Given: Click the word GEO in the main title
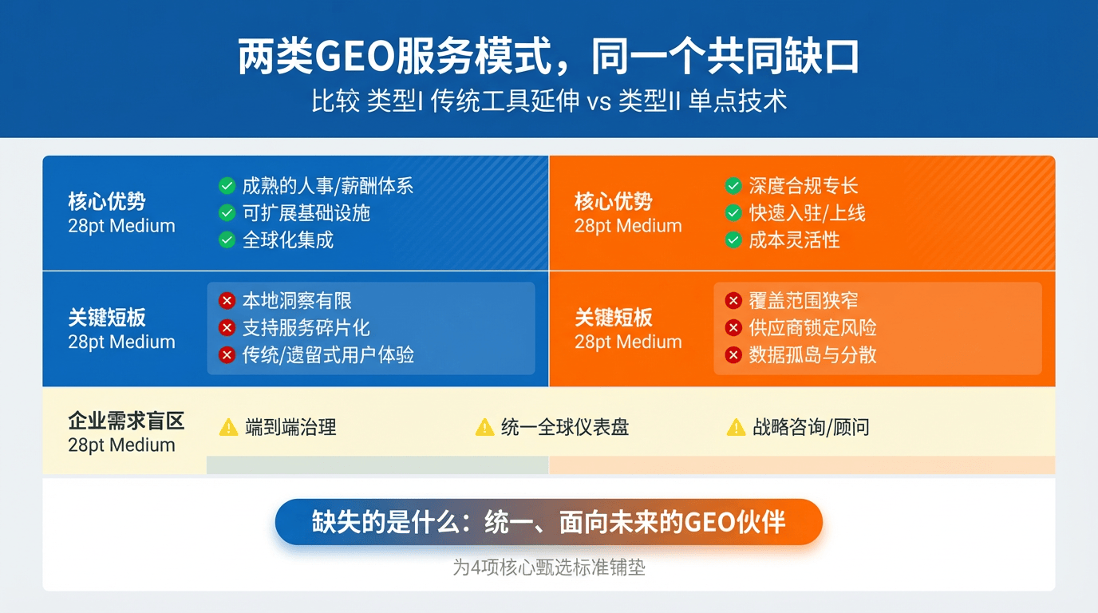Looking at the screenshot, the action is [x=354, y=57].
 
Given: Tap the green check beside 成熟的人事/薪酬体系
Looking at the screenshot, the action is [x=227, y=186].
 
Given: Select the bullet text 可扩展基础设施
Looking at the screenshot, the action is [x=306, y=213].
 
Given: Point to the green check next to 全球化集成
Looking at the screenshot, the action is [x=227, y=239].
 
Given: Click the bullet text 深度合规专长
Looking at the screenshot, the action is [x=804, y=186].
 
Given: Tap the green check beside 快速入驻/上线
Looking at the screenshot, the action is [x=733, y=213].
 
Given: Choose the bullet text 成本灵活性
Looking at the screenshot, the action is [x=794, y=239].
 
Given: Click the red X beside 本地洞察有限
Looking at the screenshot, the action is [x=227, y=301].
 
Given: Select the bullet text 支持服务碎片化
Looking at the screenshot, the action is [x=306, y=327].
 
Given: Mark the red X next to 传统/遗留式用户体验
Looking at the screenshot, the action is [x=227, y=354].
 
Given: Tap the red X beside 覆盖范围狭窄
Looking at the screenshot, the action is [x=734, y=301].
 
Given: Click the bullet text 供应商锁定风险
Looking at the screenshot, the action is [x=812, y=327].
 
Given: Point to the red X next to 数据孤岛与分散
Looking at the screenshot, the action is [x=734, y=354].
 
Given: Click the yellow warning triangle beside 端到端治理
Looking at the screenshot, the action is [x=228, y=428].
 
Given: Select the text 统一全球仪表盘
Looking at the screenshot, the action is [x=565, y=427].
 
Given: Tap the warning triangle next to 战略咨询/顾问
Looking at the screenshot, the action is [x=736, y=428].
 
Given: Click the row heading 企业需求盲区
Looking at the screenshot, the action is [x=126, y=421].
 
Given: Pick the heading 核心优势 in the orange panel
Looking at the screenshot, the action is [x=613, y=202].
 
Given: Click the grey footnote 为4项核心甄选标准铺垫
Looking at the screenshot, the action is [x=549, y=568].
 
